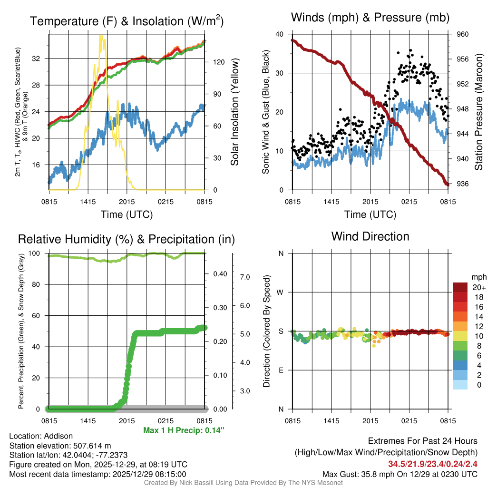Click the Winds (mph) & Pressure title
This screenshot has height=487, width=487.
tap(370, 18)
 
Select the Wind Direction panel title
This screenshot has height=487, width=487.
tap(370, 236)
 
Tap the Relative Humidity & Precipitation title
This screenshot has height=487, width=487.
tap(126, 239)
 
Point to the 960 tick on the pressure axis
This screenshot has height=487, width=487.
tap(463, 34)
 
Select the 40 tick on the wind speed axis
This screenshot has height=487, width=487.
tap(280, 34)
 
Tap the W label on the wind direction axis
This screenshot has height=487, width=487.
tap(281, 292)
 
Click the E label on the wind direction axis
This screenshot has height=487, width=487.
tap(281, 370)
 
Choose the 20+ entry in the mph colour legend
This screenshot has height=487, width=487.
tap(478, 287)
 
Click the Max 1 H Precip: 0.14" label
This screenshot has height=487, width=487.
tap(184, 430)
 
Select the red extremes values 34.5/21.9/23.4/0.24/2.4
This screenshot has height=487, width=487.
tap(433, 464)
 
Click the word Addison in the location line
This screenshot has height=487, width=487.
tap(58, 436)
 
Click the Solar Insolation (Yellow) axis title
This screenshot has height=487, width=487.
tap(234, 112)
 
